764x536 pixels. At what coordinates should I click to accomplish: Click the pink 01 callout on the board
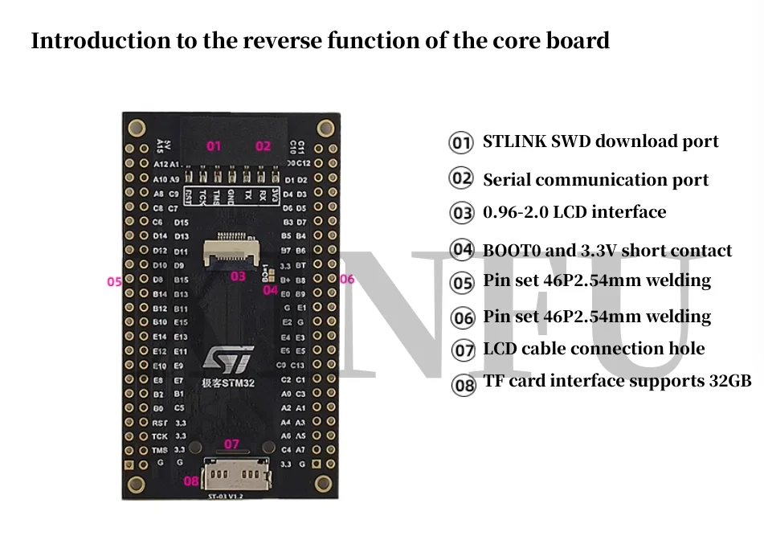click(x=214, y=146)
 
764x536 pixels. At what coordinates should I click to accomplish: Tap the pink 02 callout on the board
click(x=264, y=146)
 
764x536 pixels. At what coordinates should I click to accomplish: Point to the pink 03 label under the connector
click(x=238, y=276)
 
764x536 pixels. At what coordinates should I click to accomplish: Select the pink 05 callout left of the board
click(x=114, y=282)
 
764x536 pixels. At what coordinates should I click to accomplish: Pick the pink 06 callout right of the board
click(x=347, y=280)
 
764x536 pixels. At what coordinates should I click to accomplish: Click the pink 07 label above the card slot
click(x=231, y=444)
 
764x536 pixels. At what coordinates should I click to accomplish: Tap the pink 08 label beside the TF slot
click(x=190, y=481)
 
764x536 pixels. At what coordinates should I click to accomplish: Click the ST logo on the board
click(x=231, y=359)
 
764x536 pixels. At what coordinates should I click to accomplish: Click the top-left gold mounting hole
click(x=137, y=127)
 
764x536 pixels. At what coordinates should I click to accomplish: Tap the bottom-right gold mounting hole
click(x=325, y=481)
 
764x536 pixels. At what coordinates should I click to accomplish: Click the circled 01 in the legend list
click(x=460, y=143)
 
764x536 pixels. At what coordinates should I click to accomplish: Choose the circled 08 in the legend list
click(x=464, y=385)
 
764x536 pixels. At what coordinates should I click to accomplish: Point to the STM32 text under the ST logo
click(x=239, y=383)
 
